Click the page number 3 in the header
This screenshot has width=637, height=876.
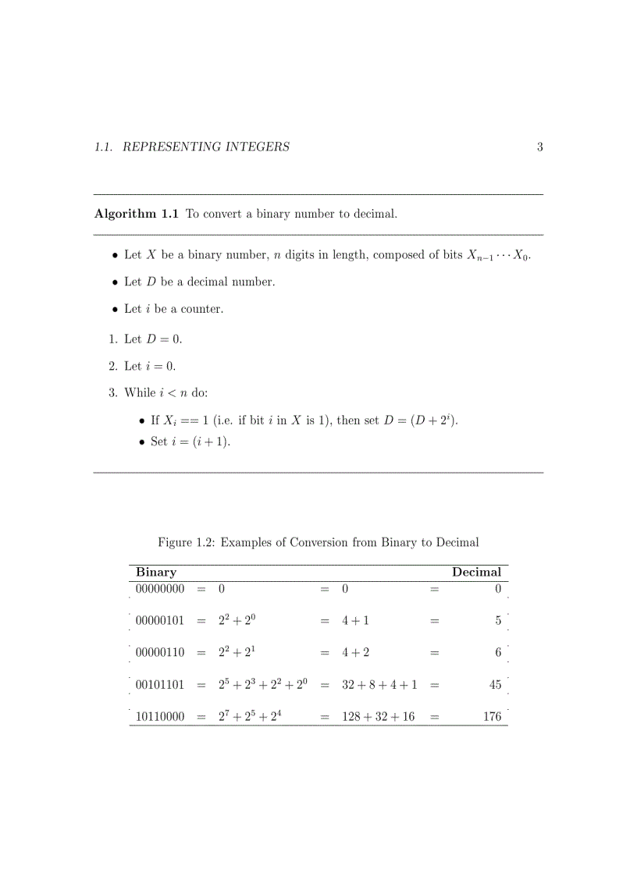click(x=539, y=147)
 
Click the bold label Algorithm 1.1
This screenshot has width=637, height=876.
click(x=137, y=214)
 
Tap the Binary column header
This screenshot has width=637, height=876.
click(x=156, y=572)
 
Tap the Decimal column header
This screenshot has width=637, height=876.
click(x=476, y=572)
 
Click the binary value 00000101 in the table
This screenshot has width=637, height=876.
click(x=160, y=622)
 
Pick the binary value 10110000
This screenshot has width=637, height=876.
click(x=160, y=717)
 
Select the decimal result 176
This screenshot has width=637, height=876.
click(x=492, y=717)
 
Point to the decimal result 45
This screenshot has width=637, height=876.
click(x=495, y=685)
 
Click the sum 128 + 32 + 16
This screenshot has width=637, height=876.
click(x=378, y=717)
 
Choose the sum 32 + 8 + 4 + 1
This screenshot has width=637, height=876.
click(x=379, y=685)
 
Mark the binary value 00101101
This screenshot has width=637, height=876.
click(x=160, y=685)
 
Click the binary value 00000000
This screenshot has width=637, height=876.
click(x=160, y=590)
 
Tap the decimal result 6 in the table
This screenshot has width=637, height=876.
click(x=498, y=653)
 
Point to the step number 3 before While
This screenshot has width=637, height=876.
click(x=112, y=393)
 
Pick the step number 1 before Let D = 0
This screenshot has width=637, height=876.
click(x=112, y=339)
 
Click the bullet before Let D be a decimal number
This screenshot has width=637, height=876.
click(x=115, y=282)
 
